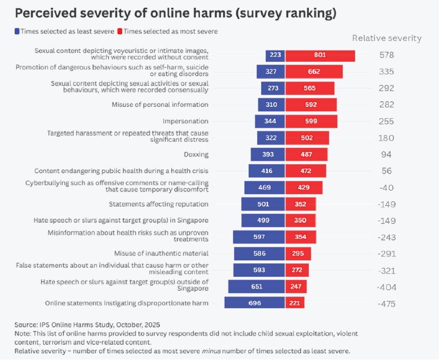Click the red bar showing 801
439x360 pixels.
[x=320, y=55]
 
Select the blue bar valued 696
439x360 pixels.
[x=254, y=303]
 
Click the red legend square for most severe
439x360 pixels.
[x=120, y=31]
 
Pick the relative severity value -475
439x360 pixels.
[x=387, y=304]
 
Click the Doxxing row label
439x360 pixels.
[x=196, y=154]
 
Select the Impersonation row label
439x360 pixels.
[x=185, y=121]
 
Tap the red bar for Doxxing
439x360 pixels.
[x=305, y=154]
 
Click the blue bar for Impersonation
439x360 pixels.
[x=270, y=121]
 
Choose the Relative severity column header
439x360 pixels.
[x=387, y=38]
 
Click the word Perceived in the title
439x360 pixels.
[x=46, y=12]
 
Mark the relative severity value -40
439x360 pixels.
[x=386, y=187]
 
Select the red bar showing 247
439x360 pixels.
[x=296, y=287]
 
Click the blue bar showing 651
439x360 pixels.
[x=257, y=287]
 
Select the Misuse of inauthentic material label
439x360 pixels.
[x=161, y=254]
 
